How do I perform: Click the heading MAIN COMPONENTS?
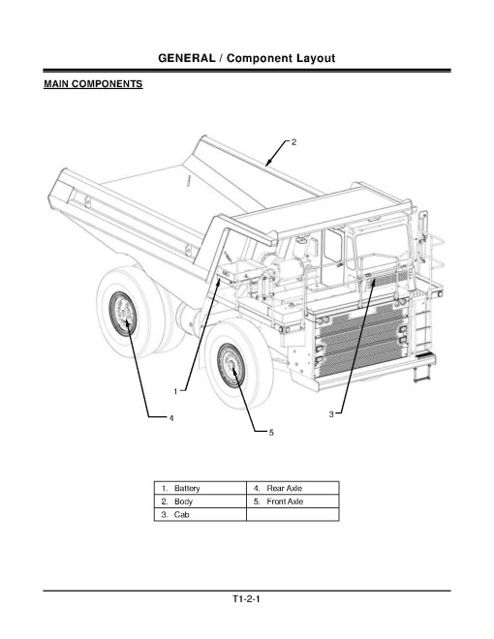pyautogui.click(x=93, y=85)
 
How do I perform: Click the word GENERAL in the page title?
pyautogui.click(x=193, y=59)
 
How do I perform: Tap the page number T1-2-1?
pyautogui.click(x=247, y=600)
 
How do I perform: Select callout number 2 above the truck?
pyautogui.click(x=293, y=142)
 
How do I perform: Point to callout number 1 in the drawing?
pyautogui.click(x=175, y=391)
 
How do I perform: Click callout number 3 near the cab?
pyautogui.click(x=331, y=413)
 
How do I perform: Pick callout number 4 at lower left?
pyautogui.click(x=171, y=418)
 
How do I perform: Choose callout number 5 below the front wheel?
pyautogui.click(x=271, y=433)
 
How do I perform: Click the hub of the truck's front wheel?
pyautogui.click(x=233, y=366)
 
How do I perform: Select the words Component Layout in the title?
pyautogui.click(x=282, y=59)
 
